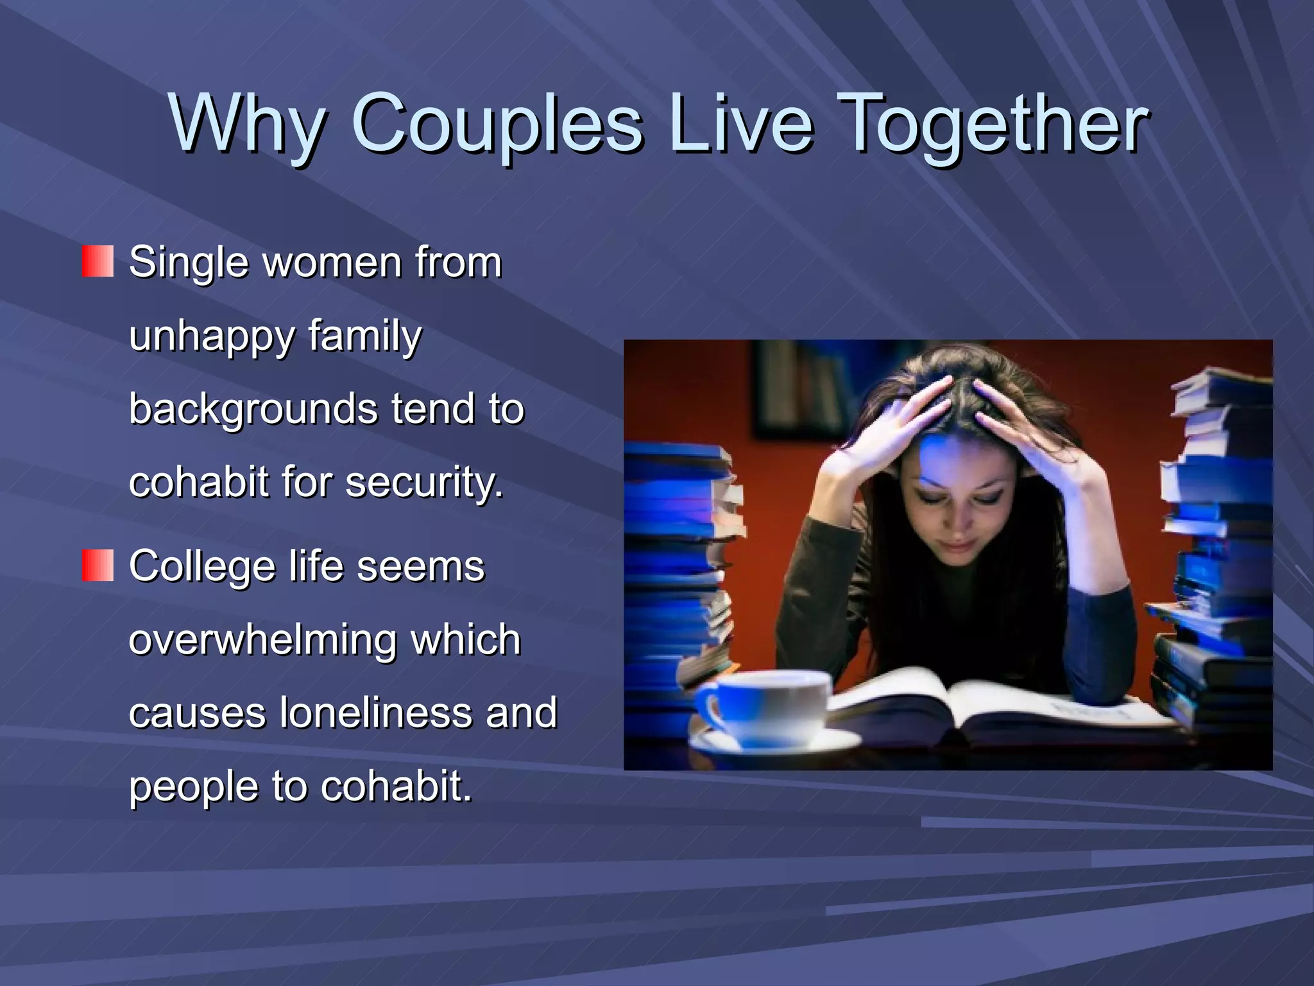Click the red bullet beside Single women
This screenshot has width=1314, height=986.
coord(98,261)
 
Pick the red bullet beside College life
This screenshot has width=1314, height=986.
coord(98,566)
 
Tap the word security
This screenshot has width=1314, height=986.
coord(424,483)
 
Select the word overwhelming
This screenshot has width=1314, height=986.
coord(262,640)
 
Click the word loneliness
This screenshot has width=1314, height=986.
coord(375,713)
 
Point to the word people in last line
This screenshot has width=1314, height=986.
coord(193,786)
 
